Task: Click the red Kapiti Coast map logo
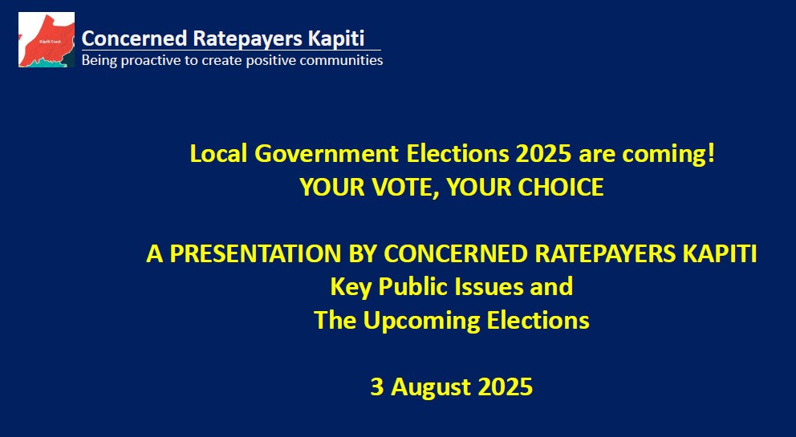(x=47, y=39)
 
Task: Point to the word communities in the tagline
(x=341, y=60)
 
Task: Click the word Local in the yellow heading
(x=218, y=153)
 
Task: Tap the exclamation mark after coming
(x=710, y=153)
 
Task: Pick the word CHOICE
(x=561, y=187)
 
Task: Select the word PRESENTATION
(x=255, y=253)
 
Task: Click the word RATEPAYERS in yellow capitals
(x=605, y=253)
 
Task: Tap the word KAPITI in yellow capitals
(x=720, y=253)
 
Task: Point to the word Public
(x=413, y=287)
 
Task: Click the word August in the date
(x=430, y=387)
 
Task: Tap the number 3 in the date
(x=376, y=387)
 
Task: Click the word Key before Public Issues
(x=351, y=287)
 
